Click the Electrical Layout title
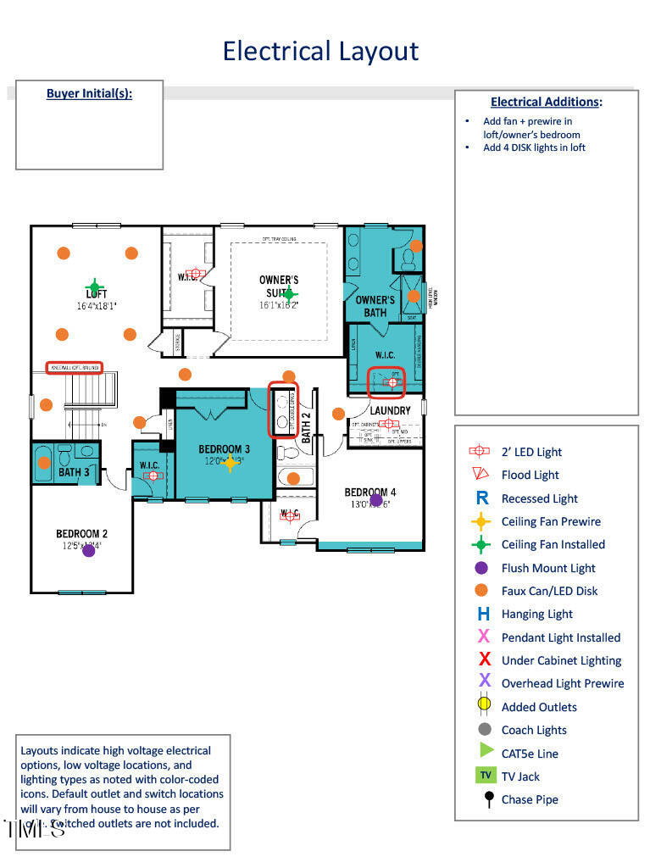[x=320, y=51]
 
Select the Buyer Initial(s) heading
[x=89, y=93]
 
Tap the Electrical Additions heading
[x=546, y=102]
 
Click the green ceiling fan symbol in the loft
[x=95, y=287]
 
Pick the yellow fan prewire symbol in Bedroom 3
[x=229, y=462]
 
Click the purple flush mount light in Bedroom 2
[x=89, y=550]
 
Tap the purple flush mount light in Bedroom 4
[x=376, y=500]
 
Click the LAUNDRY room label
[x=389, y=410]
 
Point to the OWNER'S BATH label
[x=375, y=306]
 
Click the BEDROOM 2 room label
[x=81, y=534]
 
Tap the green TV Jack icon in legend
[x=485, y=776]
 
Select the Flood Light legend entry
[x=530, y=476]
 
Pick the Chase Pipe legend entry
[x=530, y=799]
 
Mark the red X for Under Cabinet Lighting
[x=484, y=659]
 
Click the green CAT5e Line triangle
[x=486, y=750]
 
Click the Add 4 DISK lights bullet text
[x=534, y=147]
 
